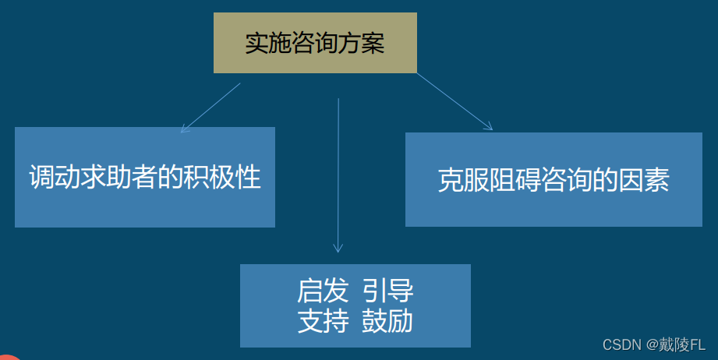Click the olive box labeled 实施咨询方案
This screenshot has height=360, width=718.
pyautogui.click(x=315, y=43)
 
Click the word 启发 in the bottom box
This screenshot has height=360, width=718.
pyautogui.click(x=322, y=291)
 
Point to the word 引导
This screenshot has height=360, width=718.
pyautogui.click(x=387, y=291)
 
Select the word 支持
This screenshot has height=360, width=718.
pyautogui.click(x=322, y=321)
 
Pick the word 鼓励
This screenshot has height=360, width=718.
pyautogui.click(x=387, y=321)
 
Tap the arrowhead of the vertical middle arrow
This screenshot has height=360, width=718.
pyautogui.click(x=338, y=248)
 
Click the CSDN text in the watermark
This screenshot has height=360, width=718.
pyautogui.click(x=621, y=344)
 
